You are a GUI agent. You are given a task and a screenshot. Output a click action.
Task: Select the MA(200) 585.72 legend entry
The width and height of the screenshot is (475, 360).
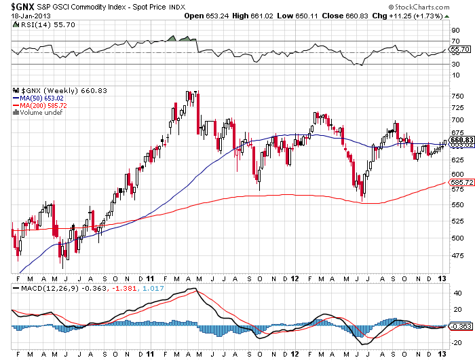pyautogui.click(x=39, y=105)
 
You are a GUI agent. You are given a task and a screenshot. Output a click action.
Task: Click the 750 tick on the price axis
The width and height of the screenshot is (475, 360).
pyautogui.click(x=457, y=96)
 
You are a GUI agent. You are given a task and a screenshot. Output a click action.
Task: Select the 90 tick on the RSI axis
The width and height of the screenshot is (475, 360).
pyautogui.click(x=455, y=31)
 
